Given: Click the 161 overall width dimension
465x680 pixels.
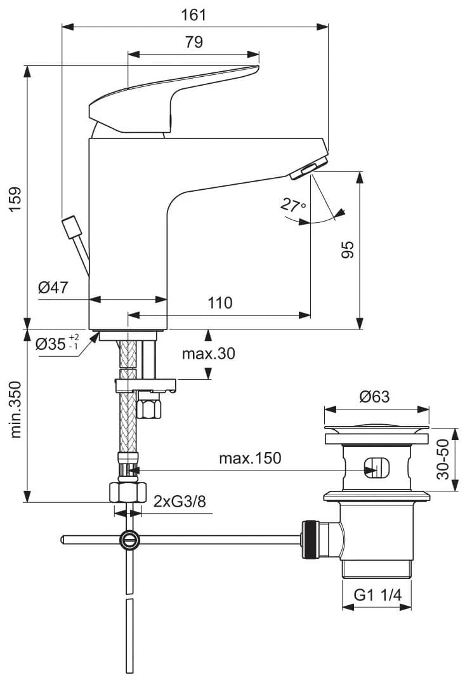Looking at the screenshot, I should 194,14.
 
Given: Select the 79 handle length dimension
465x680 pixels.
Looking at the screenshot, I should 194,43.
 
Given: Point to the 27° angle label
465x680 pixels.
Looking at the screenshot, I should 293,205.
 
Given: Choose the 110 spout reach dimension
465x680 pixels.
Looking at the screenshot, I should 220,303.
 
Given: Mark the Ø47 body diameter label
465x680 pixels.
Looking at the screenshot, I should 53,288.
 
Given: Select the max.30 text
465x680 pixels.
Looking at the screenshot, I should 208,354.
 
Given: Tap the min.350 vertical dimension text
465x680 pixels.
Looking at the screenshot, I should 16,410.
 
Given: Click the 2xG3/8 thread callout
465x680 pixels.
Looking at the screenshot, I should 180,502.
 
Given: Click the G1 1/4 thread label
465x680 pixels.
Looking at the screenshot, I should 377,595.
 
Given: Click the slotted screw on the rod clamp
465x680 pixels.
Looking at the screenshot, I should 129,540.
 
